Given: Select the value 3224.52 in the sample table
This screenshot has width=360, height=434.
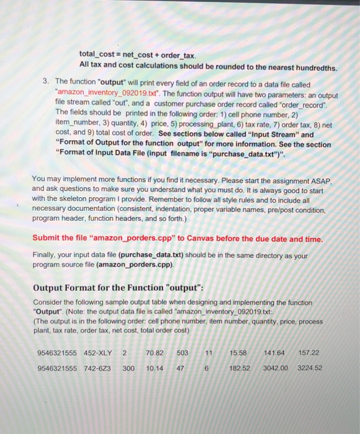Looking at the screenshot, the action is tap(310, 368).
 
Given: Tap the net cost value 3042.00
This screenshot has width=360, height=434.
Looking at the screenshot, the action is tap(276, 368).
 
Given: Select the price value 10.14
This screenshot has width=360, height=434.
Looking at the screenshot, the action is tap(155, 368).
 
